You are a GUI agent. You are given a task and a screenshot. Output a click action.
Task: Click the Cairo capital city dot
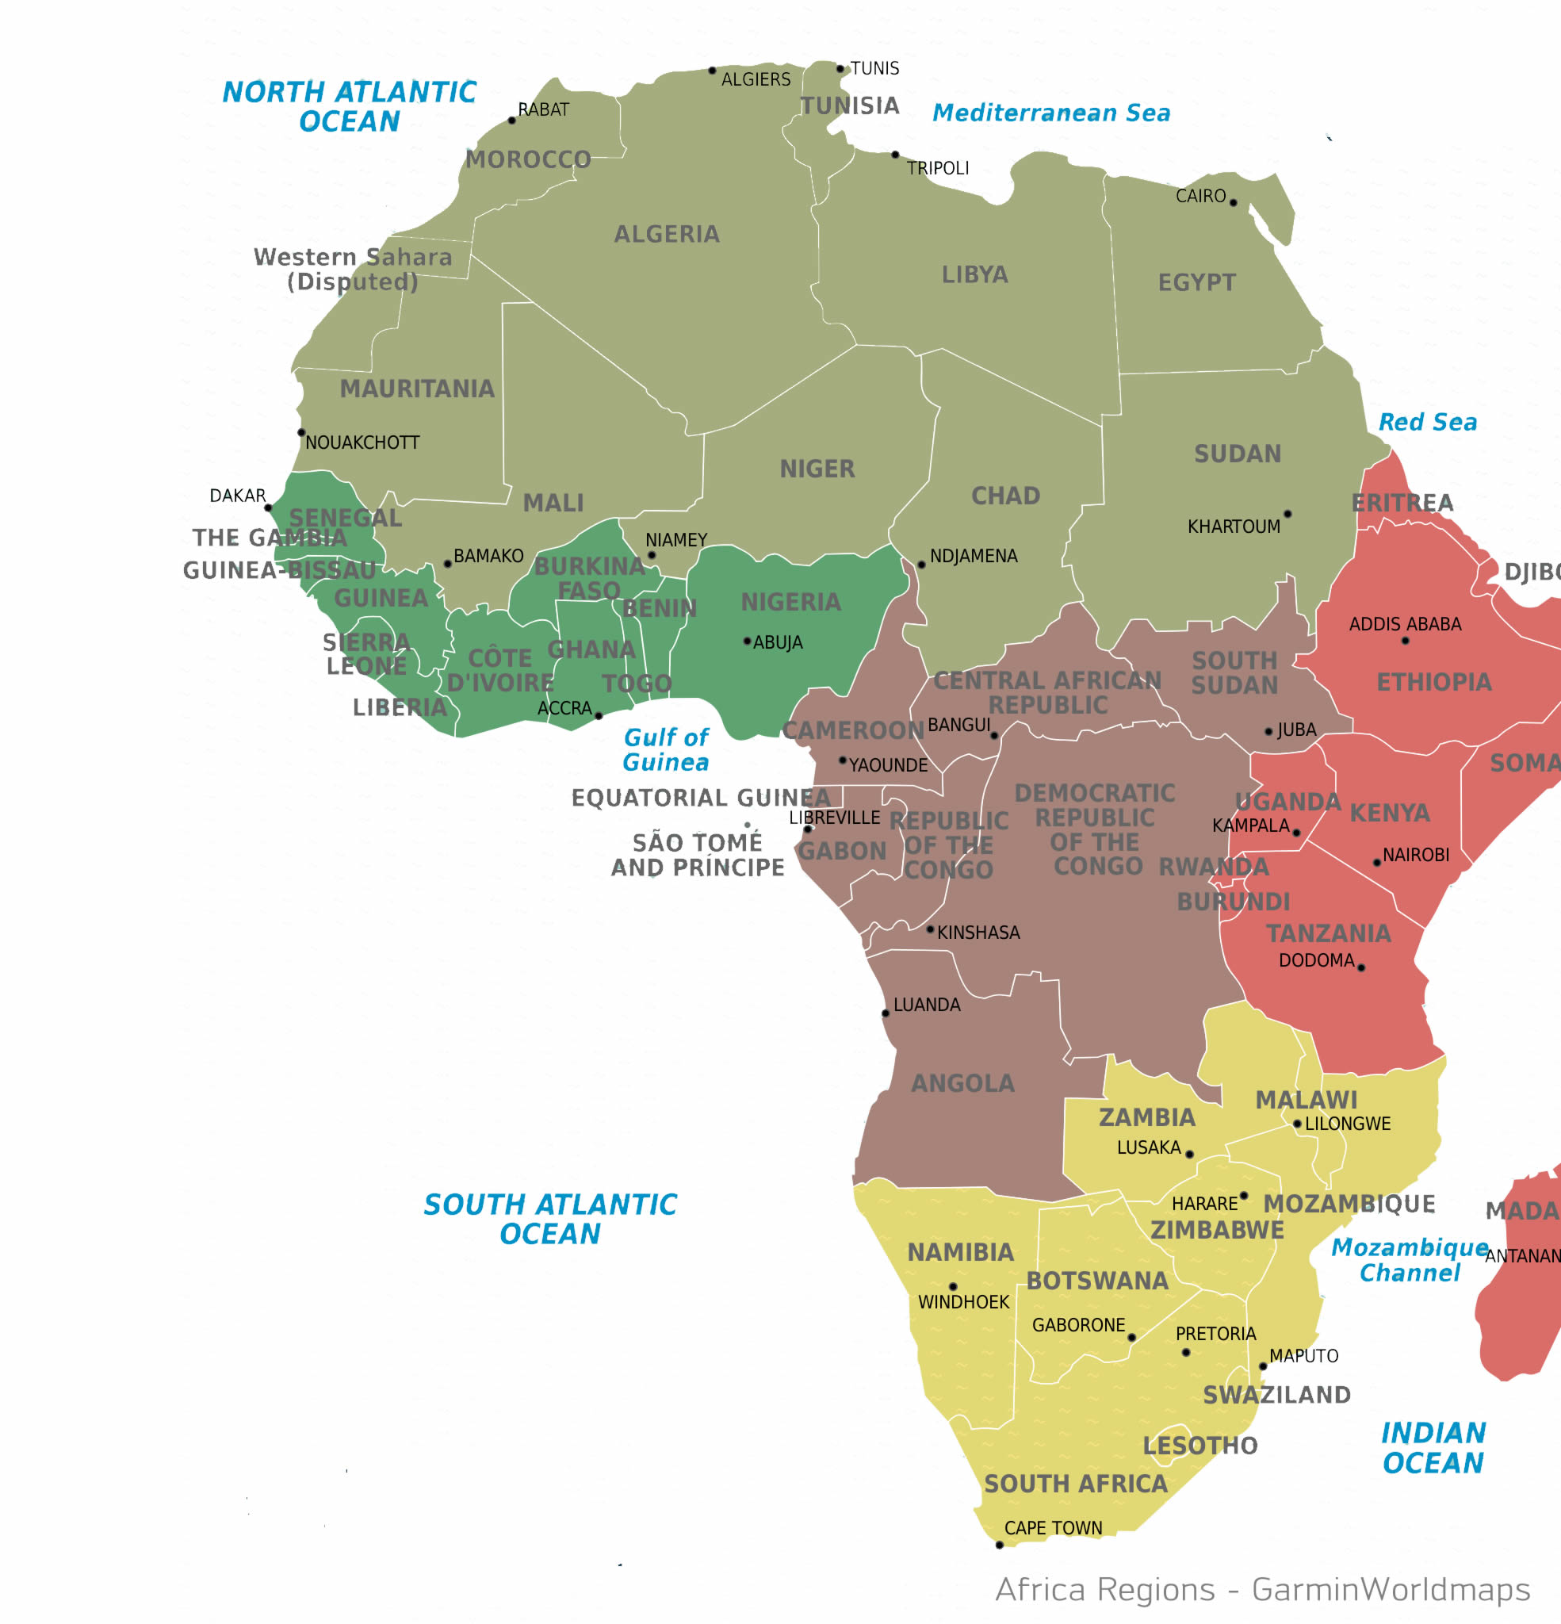click(x=1233, y=202)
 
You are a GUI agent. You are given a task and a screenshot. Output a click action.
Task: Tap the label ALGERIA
click(x=667, y=235)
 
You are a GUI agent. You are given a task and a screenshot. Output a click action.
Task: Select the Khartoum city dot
click(x=1287, y=515)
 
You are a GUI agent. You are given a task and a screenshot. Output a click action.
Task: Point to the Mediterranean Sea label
click(x=1051, y=113)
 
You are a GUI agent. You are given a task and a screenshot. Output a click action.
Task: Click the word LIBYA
click(x=975, y=274)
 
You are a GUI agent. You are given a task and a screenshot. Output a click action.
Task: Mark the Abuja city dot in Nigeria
click(x=748, y=642)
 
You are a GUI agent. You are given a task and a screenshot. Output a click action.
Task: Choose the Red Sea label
click(x=1428, y=423)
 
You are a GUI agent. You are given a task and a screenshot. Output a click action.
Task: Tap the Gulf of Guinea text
click(x=666, y=750)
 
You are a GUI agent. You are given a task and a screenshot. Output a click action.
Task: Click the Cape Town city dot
click(x=999, y=1545)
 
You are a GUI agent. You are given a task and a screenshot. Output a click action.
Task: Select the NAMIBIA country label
click(x=961, y=1253)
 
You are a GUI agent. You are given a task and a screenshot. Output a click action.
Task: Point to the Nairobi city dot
click(x=1377, y=864)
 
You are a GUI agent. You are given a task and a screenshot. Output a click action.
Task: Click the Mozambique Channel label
click(x=1410, y=1260)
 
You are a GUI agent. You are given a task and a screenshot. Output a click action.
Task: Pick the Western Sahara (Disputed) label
click(x=353, y=270)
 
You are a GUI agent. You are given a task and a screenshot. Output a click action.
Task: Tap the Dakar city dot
click(x=269, y=508)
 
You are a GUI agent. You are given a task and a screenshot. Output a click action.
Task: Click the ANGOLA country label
click(x=962, y=1084)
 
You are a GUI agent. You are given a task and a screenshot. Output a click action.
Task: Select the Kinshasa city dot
click(x=931, y=929)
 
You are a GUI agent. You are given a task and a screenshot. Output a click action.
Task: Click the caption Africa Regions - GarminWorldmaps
click(x=1263, y=1590)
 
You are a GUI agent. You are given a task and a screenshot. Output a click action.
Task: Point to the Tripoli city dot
click(x=895, y=155)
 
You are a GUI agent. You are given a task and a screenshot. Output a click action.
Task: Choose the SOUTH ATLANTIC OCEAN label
click(x=550, y=1220)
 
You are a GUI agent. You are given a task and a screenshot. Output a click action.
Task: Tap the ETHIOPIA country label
click(x=1434, y=683)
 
